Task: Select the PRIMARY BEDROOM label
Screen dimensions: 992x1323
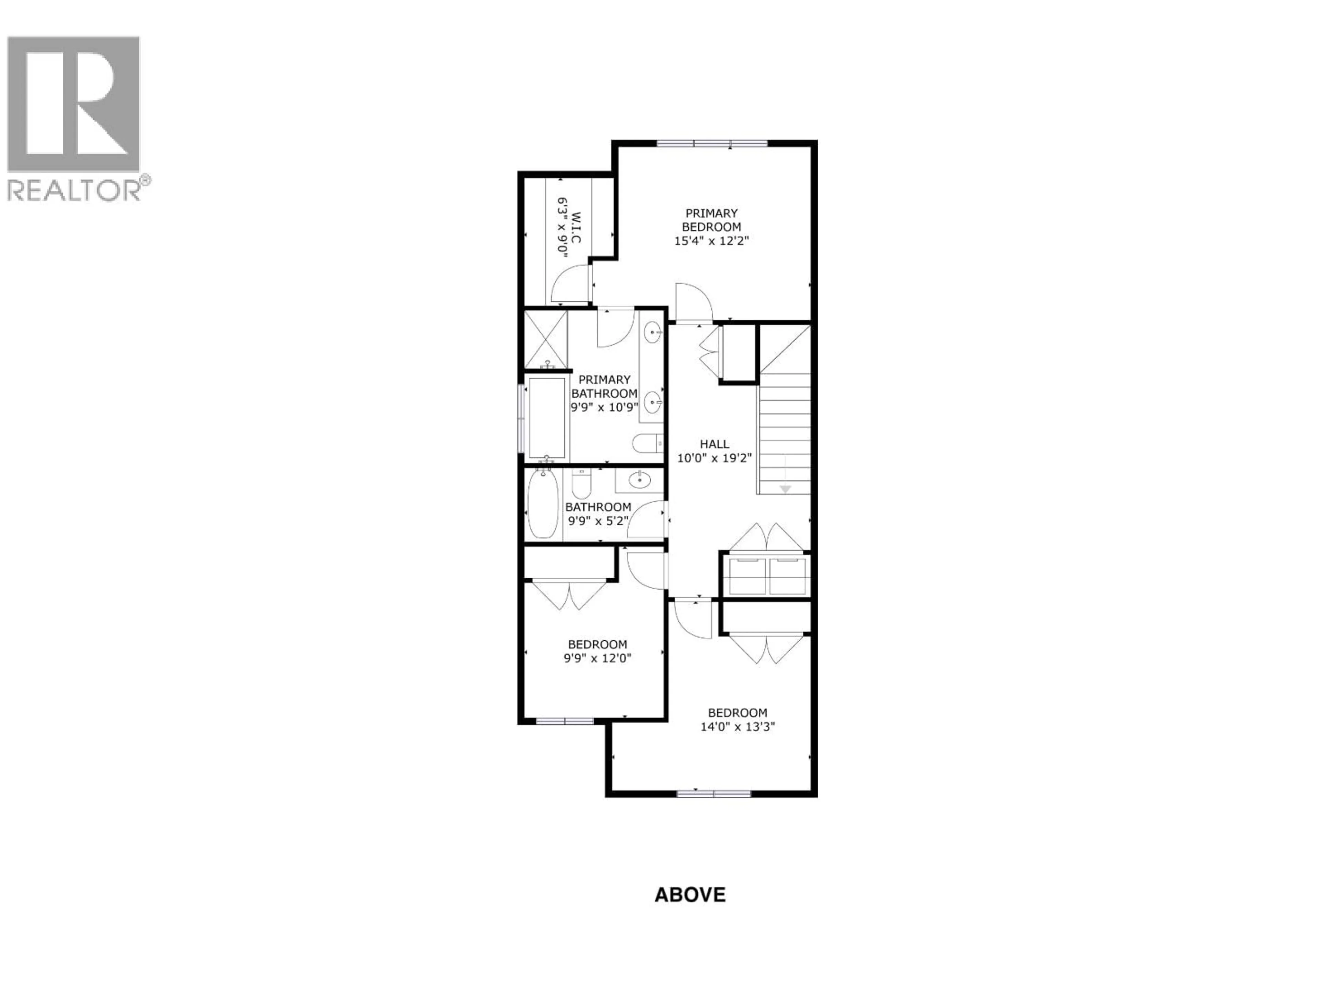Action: [x=711, y=220]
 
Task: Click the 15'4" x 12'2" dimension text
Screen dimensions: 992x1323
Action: [x=711, y=241]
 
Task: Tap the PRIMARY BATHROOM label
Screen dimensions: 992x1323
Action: [x=604, y=386]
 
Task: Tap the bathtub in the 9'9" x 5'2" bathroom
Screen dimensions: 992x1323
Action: [x=543, y=504]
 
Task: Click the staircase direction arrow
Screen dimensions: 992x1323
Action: [x=785, y=488]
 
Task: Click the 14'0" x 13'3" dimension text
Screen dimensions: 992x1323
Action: [x=737, y=727]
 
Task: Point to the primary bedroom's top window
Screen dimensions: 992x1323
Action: [x=712, y=144]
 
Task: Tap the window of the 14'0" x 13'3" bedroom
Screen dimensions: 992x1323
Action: [x=714, y=794]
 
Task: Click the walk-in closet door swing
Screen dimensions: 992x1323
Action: [x=570, y=285]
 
